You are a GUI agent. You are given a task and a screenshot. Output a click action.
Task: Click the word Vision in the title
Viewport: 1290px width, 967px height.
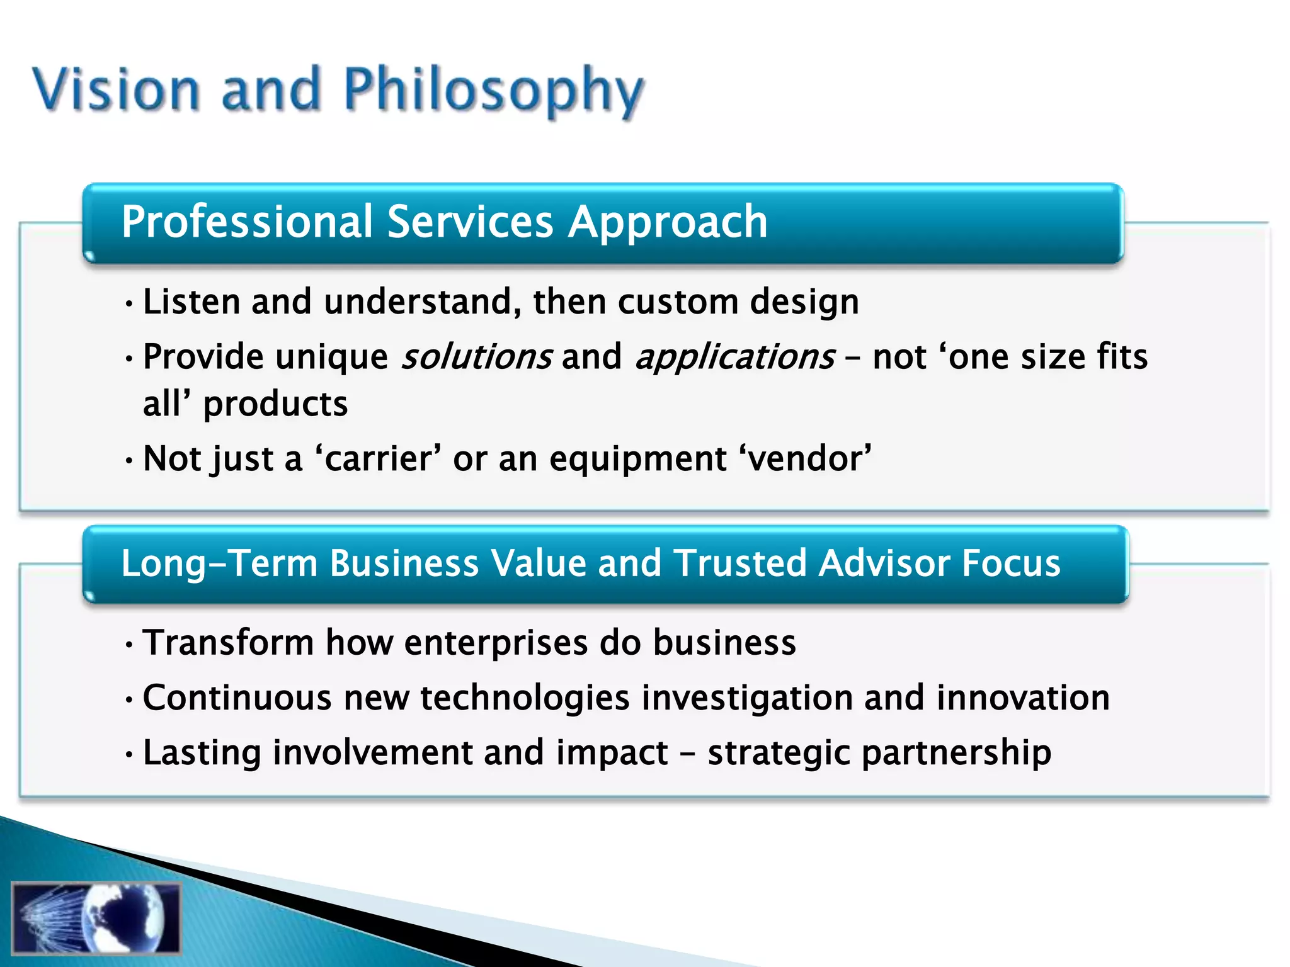coord(117,89)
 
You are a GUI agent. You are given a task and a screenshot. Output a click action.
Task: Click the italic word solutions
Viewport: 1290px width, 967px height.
coord(477,357)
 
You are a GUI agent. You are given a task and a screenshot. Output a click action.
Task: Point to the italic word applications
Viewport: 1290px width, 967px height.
coord(735,357)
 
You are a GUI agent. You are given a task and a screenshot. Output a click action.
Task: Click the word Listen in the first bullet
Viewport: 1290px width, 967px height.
coord(191,302)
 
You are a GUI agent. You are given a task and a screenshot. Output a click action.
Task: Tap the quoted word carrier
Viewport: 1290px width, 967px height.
coord(378,458)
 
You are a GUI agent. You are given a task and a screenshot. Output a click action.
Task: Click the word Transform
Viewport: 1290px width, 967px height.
coord(228,643)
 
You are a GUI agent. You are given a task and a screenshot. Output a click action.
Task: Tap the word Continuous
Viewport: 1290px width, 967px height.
coord(237,698)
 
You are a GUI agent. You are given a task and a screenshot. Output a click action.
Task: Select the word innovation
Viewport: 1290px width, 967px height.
coord(1023,698)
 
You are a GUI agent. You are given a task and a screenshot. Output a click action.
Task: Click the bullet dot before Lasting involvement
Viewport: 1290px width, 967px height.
coord(129,754)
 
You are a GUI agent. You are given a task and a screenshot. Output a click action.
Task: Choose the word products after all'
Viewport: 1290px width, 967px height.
coord(275,404)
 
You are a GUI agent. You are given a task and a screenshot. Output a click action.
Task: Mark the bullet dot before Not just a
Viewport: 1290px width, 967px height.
coord(129,461)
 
